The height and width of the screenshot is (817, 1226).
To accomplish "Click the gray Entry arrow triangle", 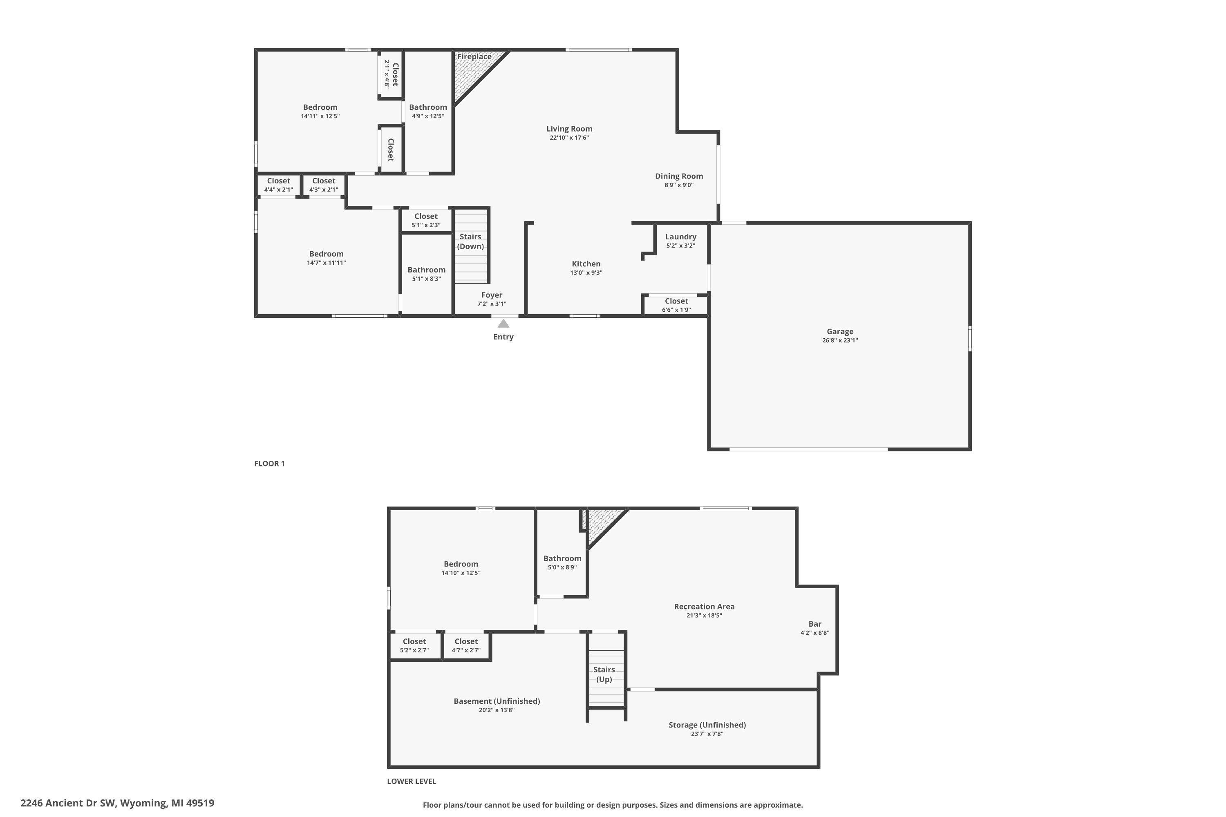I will pos(503,324).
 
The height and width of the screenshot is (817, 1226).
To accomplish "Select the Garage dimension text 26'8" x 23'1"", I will pos(840,341).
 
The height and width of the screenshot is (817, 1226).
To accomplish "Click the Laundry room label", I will pos(680,237).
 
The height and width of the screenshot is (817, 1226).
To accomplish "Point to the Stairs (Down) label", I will pos(470,241).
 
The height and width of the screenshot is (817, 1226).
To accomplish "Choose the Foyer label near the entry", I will pos(492,295).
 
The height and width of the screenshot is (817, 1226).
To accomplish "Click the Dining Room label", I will pos(679,176).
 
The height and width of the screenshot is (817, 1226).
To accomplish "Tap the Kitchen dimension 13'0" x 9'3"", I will pos(586,273).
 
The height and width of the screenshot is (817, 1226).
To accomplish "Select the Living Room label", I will pos(569,129).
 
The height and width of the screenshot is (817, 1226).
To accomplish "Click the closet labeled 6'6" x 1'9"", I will pos(676,305).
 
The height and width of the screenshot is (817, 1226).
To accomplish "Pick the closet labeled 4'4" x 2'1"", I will pos(278,185).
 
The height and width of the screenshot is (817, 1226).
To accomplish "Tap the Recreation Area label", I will pos(704,607).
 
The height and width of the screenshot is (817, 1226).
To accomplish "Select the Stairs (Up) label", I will pos(604,674).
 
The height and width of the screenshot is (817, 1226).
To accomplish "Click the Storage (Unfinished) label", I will pos(707,725).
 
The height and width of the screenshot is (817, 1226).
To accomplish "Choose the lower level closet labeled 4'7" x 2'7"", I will pos(465,645).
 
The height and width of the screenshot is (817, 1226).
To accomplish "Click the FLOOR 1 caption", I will pos(269,464).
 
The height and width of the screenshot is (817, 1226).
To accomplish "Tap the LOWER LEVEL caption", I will pos(411,781).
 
